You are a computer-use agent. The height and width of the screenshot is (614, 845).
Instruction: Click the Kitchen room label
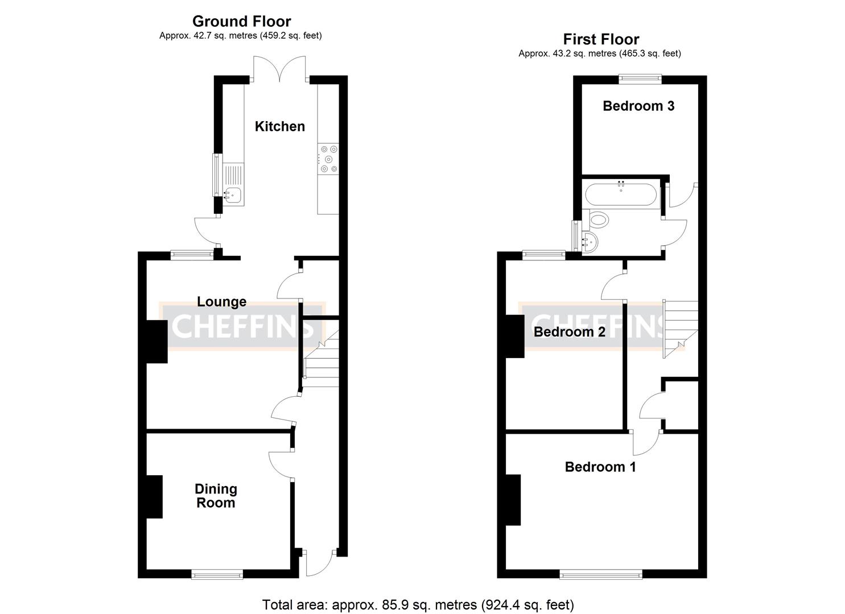coord(279,126)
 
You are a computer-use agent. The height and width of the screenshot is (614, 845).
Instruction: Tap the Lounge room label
coord(221,301)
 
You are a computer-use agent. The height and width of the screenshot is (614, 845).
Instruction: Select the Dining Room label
coord(216,496)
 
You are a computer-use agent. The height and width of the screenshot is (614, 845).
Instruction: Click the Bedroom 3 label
coord(638,106)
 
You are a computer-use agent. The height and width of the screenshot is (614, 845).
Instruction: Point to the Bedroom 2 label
coord(569,332)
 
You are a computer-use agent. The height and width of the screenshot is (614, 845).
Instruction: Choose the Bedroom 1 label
coord(600,467)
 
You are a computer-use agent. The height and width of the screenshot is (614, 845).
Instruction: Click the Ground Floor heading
coord(241,22)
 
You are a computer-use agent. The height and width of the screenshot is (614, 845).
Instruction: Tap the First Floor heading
coord(601,39)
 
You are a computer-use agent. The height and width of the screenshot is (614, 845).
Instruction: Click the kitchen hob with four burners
coord(328,159)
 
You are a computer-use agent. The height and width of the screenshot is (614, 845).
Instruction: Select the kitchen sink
coord(233,195)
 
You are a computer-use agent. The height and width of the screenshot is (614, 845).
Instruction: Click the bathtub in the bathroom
coord(620,193)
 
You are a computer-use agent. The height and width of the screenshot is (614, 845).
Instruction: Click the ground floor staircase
coord(321,361)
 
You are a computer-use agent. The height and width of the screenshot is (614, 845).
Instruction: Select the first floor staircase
coord(680,329)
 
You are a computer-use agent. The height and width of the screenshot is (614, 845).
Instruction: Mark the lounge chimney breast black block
coord(156,341)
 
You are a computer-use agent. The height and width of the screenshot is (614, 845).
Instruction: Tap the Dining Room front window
coord(217,575)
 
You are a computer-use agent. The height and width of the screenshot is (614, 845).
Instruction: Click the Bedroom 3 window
coord(640,79)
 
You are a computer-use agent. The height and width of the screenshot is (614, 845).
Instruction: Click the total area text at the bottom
coord(418,604)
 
